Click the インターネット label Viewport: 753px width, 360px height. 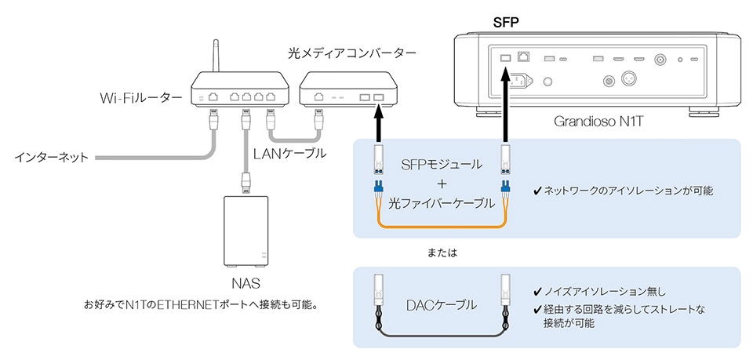[51, 157]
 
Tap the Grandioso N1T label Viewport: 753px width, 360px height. [593, 123]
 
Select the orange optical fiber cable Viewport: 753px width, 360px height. [439, 227]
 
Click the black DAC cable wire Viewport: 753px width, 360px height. [439, 335]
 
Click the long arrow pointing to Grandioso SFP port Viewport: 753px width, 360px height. [506, 102]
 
